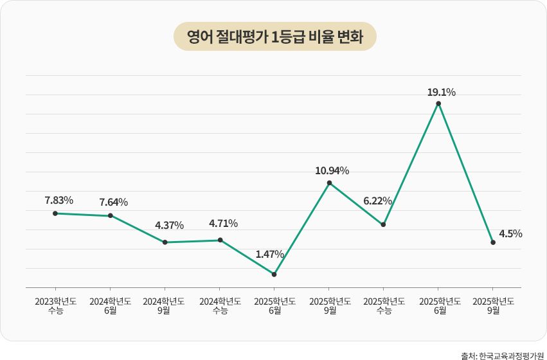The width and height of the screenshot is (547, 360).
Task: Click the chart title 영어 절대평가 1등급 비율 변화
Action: pos(274,37)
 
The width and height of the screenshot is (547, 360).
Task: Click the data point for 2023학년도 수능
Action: pos(55,213)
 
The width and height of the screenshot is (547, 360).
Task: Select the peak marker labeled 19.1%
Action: pos(438,104)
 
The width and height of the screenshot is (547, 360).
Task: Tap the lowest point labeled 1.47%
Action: pos(274,274)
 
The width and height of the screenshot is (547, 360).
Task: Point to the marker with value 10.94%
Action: pos(329,183)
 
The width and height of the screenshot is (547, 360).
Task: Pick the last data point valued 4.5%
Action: pos(493,242)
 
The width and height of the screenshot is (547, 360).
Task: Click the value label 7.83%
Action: pos(58,200)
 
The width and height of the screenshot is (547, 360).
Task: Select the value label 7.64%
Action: pos(113,203)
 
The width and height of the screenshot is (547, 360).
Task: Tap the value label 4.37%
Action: pos(169,226)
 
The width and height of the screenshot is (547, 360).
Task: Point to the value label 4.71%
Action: pos(223,224)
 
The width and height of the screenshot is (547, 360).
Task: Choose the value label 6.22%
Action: pos(377,201)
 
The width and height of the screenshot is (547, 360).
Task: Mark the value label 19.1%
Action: pos(441,93)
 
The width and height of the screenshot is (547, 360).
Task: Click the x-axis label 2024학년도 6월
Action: pos(110,305)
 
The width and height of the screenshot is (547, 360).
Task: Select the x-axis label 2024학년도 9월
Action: pos(165,305)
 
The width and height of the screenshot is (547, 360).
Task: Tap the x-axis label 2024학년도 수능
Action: pos(220,305)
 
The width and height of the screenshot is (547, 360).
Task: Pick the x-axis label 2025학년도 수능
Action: pos(384,305)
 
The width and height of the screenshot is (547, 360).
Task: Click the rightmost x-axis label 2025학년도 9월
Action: pos(493,305)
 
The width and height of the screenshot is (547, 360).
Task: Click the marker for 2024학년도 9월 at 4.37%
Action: pos(165,242)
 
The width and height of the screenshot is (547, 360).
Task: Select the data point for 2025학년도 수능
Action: pos(384,224)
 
